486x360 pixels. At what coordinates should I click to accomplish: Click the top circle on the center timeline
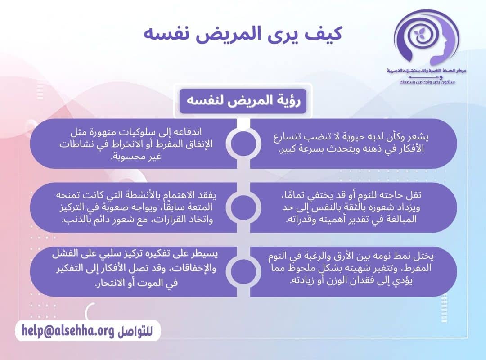243,144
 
